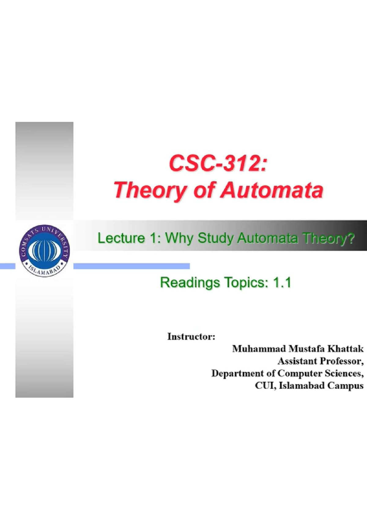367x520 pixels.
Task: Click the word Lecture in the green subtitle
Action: pyautogui.click(x=121, y=238)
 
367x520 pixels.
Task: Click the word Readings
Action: pyautogui.click(x=190, y=283)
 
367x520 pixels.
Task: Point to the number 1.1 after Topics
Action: pyautogui.click(x=282, y=283)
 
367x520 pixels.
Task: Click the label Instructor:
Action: pyautogui.click(x=191, y=337)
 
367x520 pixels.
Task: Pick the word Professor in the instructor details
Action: pyautogui.click(x=341, y=361)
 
